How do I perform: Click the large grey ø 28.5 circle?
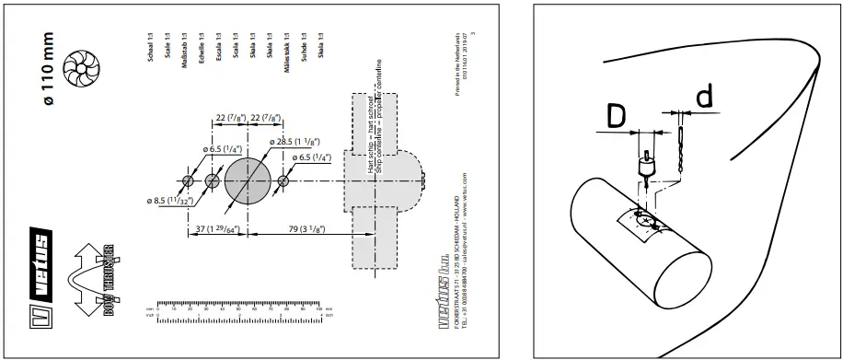pyautogui.click(x=249, y=180)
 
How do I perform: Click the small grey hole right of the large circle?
pyautogui.click(x=283, y=180)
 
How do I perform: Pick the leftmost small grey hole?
pyautogui.click(x=187, y=180)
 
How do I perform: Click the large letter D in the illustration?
pyautogui.click(x=617, y=117)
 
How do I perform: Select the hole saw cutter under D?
pyautogui.click(x=646, y=167)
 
